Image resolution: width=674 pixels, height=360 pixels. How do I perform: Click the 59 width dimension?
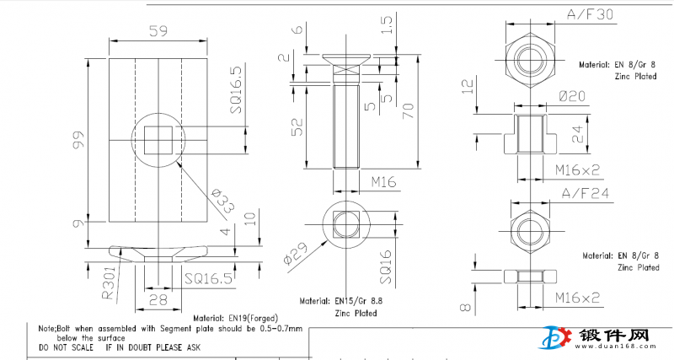click(x=158, y=31)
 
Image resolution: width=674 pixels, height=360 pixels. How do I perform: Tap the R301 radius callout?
click(x=109, y=284)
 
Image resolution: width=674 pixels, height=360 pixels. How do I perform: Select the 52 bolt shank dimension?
click(x=297, y=127)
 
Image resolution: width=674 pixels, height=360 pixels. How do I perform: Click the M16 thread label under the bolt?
click(x=383, y=181)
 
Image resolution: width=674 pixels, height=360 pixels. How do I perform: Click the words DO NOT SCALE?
click(x=68, y=347)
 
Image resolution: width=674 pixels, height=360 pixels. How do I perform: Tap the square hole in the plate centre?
click(x=158, y=139)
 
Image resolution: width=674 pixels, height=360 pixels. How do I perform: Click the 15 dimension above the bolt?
click(x=387, y=24)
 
